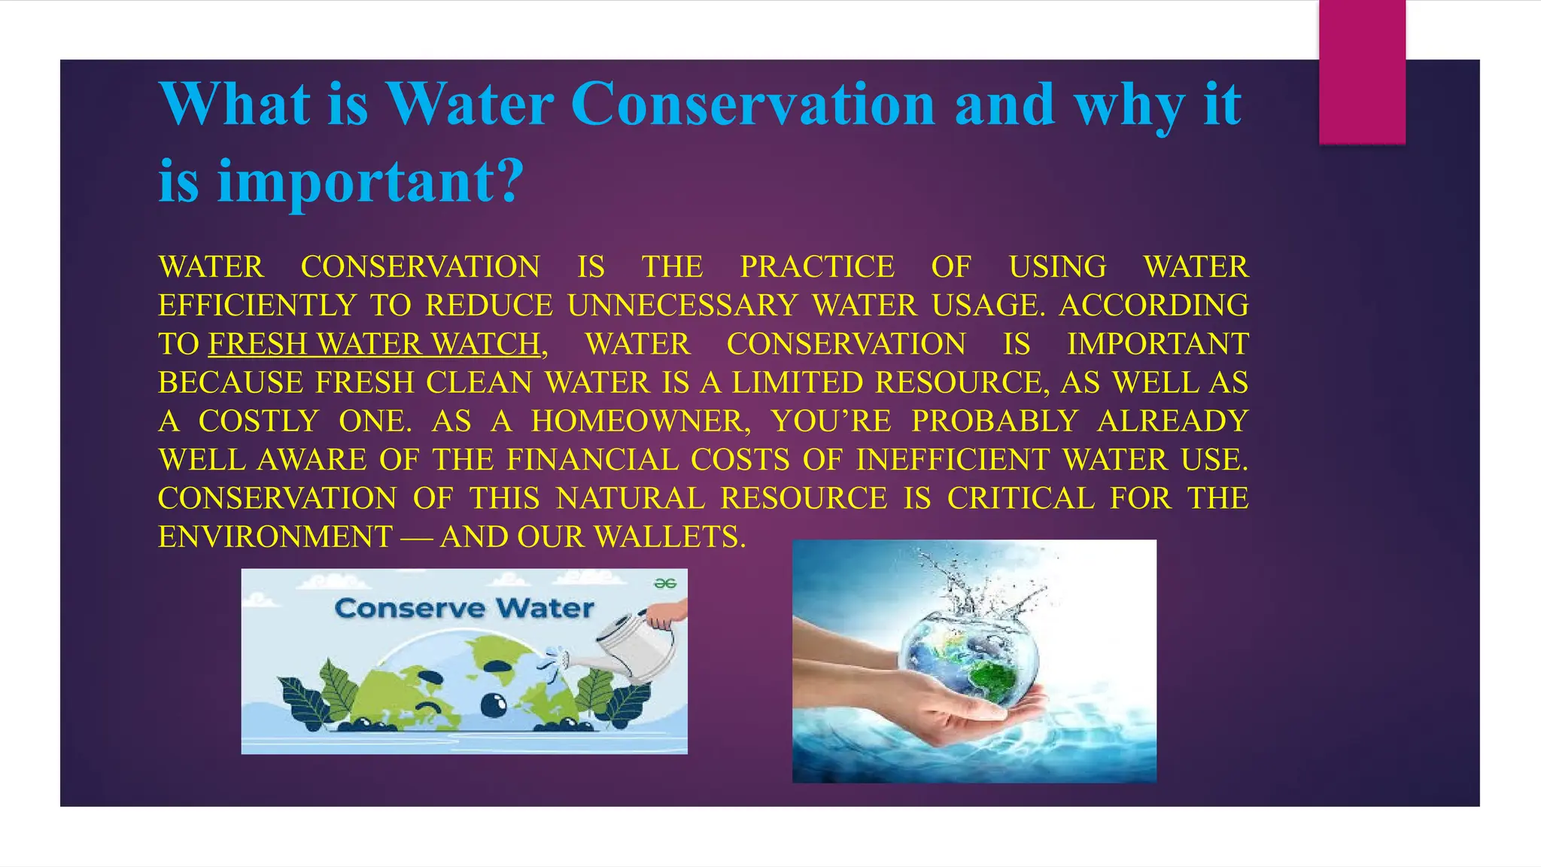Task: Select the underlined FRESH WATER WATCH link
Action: (374, 344)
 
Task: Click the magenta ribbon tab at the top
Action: (1362, 71)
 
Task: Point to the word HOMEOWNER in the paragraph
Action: (640, 421)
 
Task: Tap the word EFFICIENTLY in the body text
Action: (257, 306)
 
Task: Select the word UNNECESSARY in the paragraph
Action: (682, 306)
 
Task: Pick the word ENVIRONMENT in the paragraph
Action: (275, 537)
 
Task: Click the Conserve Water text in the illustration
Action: (464, 608)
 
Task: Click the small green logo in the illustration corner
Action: (665, 583)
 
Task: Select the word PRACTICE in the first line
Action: (817, 267)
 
